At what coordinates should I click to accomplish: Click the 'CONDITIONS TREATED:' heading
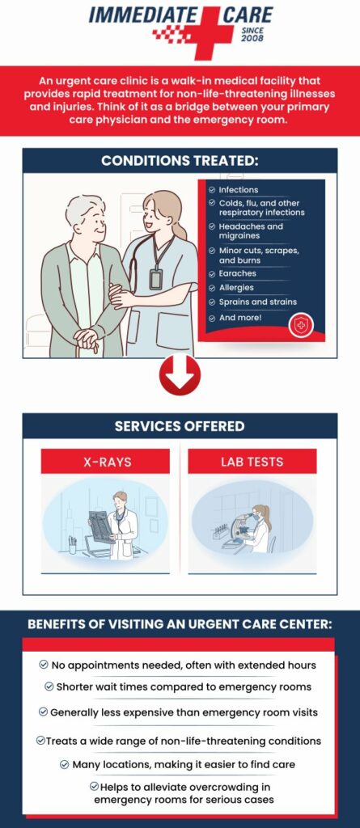[x=180, y=161]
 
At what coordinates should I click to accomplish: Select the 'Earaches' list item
[x=237, y=273]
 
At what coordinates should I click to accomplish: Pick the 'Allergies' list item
[x=236, y=287]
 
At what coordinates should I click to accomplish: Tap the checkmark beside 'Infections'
[x=211, y=190]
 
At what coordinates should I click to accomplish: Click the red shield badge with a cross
[x=300, y=324]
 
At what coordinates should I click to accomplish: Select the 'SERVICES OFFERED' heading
[x=180, y=426]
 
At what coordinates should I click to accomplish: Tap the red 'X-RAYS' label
[x=105, y=462]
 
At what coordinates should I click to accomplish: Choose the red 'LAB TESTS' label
[x=252, y=462]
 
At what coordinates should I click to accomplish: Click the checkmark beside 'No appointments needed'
[x=44, y=665]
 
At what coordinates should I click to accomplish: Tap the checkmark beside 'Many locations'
[x=65, y=763]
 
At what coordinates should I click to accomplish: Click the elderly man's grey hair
[x=83, y=209]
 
